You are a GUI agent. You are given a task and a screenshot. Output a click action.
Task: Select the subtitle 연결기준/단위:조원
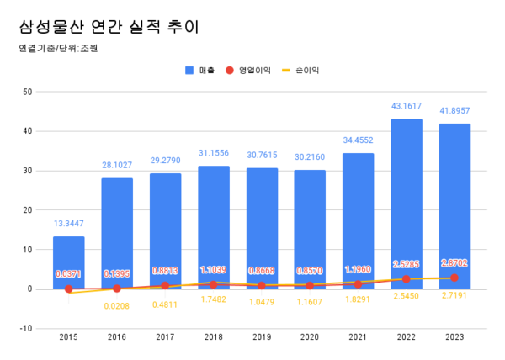coord(58,49)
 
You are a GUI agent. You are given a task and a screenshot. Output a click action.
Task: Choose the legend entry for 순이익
coord(307,71)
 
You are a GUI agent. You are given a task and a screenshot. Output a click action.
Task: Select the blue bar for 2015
coord(69,262)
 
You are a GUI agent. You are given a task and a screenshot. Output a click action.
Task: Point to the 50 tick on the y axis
coord(28,92)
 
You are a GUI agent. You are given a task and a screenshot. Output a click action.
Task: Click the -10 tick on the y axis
coord(26,328)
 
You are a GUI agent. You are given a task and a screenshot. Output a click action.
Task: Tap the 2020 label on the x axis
coord(311,337)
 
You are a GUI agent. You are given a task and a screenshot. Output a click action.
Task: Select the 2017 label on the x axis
coord(166,337)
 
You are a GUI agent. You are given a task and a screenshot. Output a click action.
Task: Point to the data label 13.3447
coord(69,224)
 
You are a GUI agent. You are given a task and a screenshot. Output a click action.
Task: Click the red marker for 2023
coord(454,278)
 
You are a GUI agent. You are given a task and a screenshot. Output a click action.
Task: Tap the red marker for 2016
coord(117,288)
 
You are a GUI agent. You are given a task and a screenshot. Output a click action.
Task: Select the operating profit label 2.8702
coord(454,263)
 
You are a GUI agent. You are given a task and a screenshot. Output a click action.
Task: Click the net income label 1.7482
coord(214,299)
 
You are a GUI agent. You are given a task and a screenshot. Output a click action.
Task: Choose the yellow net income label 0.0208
coord(117,306)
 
